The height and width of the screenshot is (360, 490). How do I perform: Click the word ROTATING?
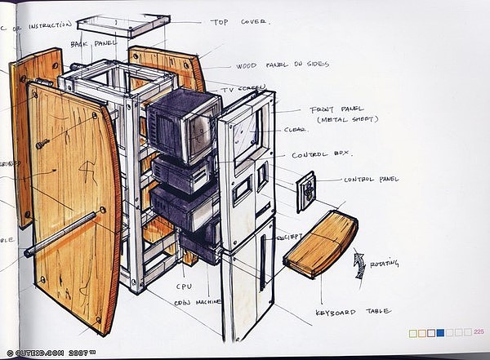click(385, 263)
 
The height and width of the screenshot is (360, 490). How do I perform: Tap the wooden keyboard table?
click(322, 243)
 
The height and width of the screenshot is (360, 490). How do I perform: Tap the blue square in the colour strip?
click(440, 332)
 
